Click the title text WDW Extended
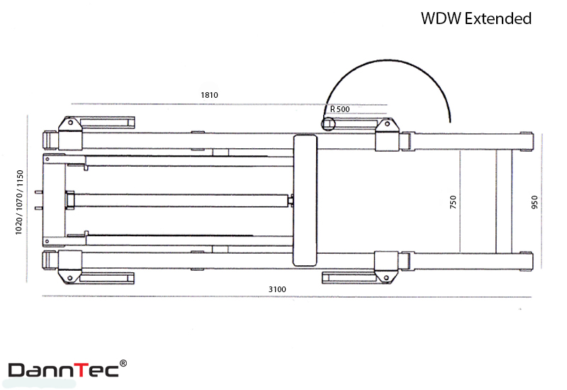[476, 18]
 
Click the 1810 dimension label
[209, 95]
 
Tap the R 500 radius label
[340, 109]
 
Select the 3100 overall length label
[277, 289]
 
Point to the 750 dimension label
[453, 202]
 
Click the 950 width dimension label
[534, 202]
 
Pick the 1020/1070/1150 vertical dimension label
[19, 203]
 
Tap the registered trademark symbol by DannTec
[123, 363]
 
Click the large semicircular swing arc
[388, 60]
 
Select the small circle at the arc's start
[328, 123]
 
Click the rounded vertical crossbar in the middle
[305, 201]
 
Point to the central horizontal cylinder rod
[181, 201]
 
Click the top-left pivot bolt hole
[70, 123]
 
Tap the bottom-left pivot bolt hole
[69, 278]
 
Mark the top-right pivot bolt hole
[387, 123]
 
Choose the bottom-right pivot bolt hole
[386, 278]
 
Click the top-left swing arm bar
[107, 122]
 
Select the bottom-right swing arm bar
[349, 278]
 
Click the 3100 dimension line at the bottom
[287, 296]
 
